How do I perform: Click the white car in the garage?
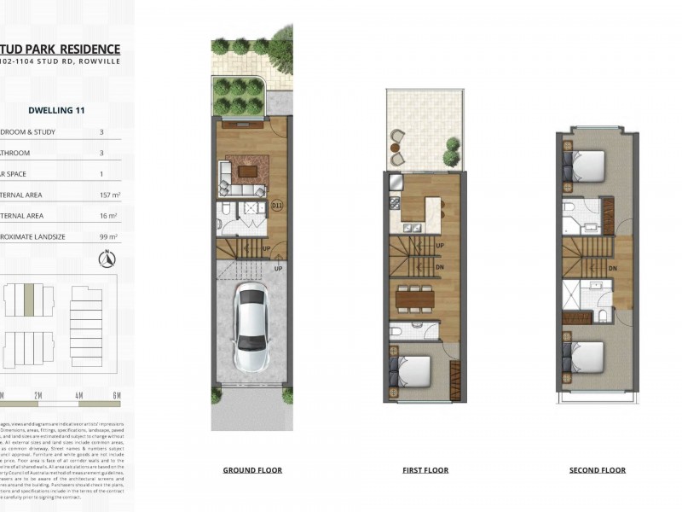tap(251, 327)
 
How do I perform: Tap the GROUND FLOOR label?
tap(252, 470)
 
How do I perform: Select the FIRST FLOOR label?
tap(425, 470)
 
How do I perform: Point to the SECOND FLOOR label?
tap(598, 470)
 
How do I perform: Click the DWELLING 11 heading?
tap(55, 110)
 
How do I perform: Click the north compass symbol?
tap(107, 259)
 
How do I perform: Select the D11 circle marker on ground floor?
tap(277, 206)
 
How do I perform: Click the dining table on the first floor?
tap(415, 300)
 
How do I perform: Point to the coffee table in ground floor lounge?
tap(248, 172)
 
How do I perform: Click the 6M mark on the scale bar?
tap(117, 395)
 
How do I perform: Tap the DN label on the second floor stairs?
tap(614, 268)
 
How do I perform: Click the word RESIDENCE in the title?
tap(84, 49)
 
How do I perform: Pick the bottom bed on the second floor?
tap(585, 353)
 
